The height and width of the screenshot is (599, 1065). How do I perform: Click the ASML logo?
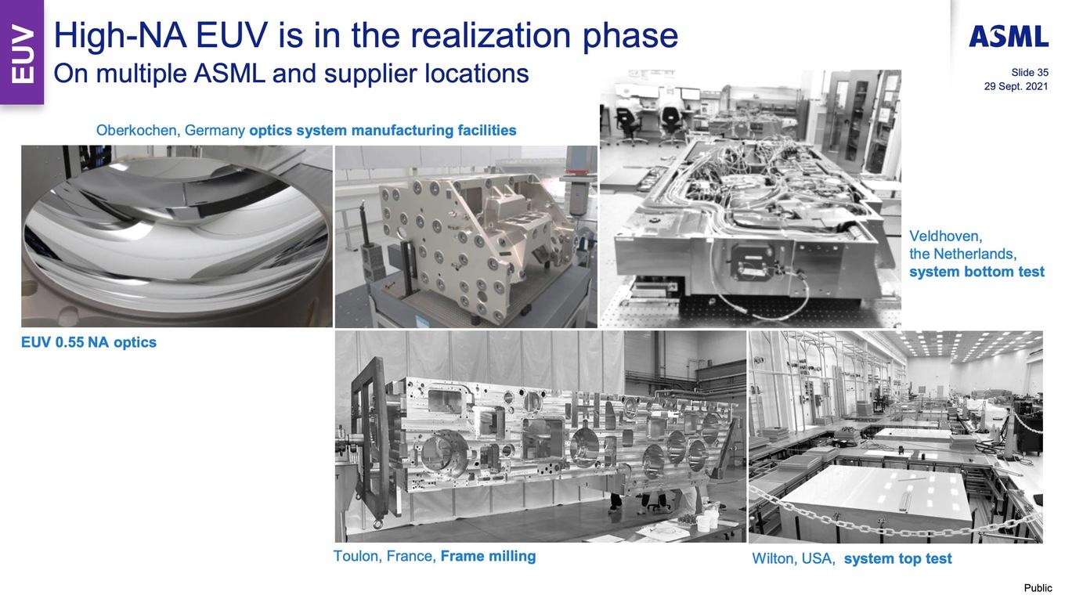[1009, 37]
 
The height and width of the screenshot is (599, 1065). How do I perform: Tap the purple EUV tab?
[22, 52]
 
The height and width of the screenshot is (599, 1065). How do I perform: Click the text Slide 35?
[1029, 72]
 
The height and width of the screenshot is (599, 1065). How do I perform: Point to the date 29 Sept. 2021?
[1016, 86]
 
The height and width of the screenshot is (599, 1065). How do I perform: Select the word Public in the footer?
[1038, 588]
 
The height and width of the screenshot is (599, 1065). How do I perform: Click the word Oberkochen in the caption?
[136, 130]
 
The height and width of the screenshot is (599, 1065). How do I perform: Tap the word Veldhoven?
[945, 236]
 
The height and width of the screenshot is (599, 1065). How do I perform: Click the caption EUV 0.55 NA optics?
[89, 342]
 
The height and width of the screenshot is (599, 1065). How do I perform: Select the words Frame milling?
[489, 556]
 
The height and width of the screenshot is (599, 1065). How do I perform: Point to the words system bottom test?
[977, 272]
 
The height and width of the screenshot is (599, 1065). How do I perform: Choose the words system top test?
[897, 558]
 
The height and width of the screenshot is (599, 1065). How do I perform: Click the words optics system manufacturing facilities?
[383, 130]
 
